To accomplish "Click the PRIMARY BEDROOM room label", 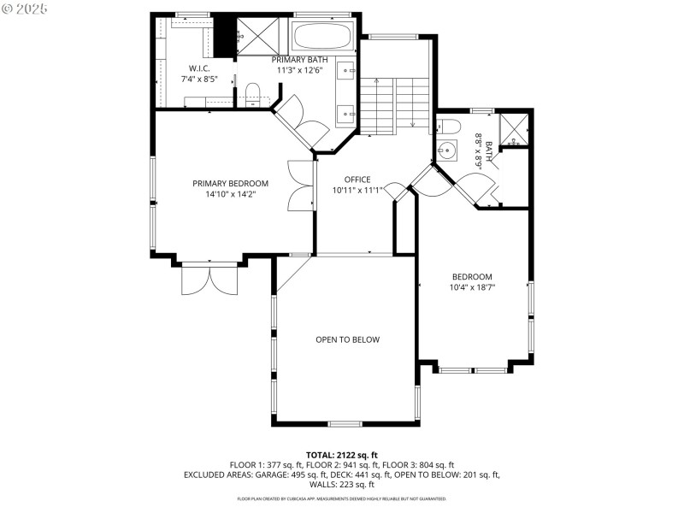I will pos(230,183).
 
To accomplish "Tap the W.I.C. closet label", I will pos(199,68).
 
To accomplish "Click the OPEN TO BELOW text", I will pos(347,339).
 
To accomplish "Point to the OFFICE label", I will pos(357,180).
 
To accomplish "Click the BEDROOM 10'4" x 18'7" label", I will pos(472,276).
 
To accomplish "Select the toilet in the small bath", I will pos(450,127).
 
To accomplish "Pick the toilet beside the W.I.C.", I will pos(252,91).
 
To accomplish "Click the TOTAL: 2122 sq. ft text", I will pos(341,455).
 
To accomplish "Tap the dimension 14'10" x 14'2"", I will pos(230,194).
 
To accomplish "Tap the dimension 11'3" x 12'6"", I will pos(298,70).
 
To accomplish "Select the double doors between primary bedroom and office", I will pos(301,186).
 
